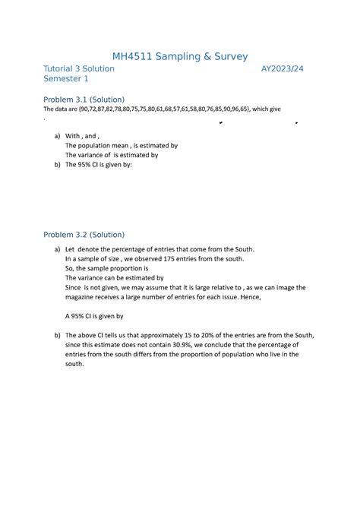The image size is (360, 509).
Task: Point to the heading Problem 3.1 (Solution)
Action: [x=84, y=100]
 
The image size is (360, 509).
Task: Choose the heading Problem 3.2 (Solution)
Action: [x=84, y=234]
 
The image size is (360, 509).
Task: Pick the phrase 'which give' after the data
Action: [x=276, y=110]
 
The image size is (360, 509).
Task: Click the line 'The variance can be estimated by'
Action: [x=115, y=278]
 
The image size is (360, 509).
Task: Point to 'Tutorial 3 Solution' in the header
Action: [x=79, y=68]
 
